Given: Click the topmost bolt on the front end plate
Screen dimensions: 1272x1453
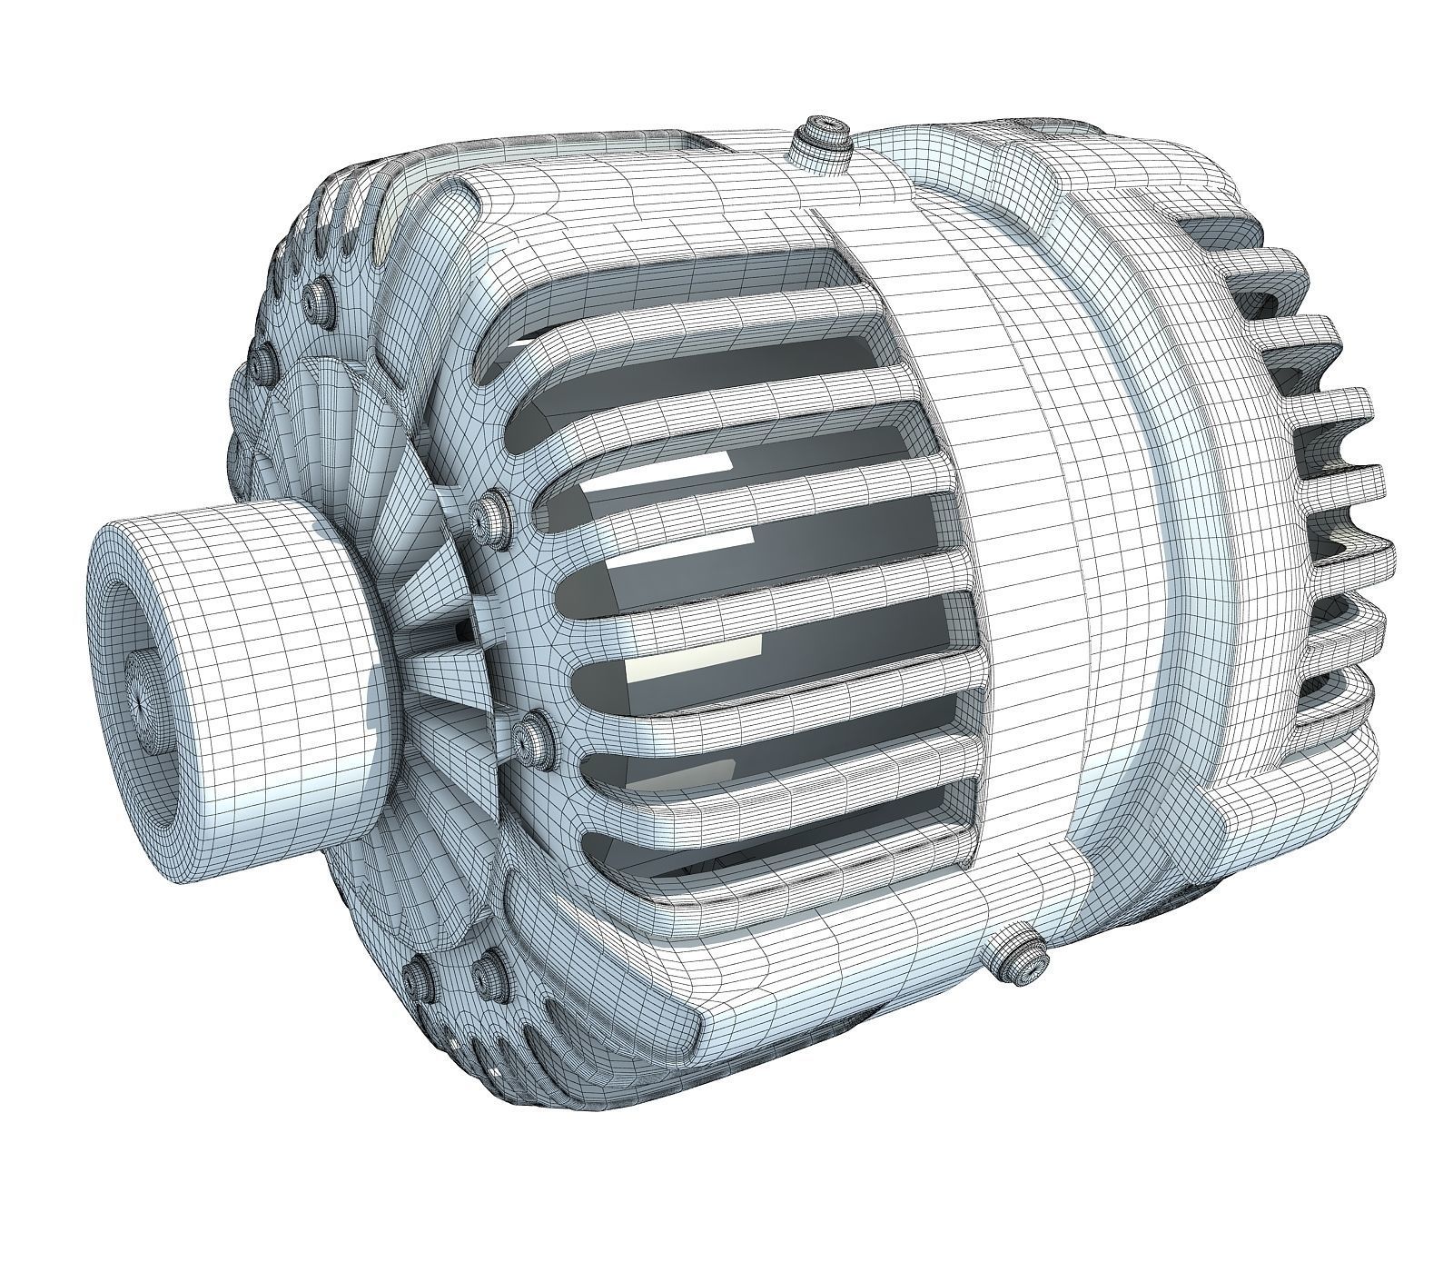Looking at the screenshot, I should pos(320,296).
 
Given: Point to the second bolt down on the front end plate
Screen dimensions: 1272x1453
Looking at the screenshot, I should pos(265,364).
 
